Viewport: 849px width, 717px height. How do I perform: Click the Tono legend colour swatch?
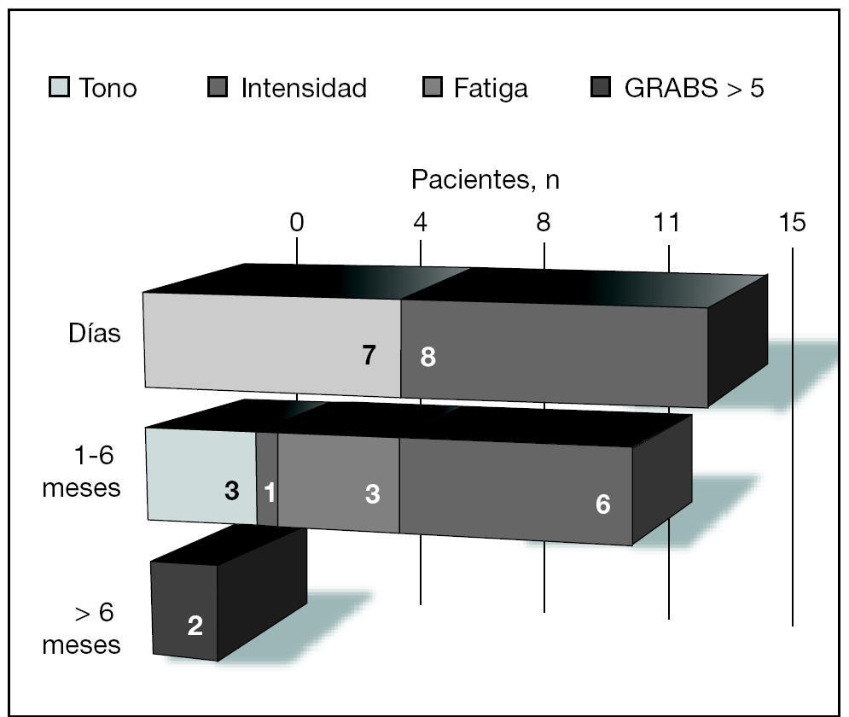59,87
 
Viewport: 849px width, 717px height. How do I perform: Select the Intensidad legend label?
304,87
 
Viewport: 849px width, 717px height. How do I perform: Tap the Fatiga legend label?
491,87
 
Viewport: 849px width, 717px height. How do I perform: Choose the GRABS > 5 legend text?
695,87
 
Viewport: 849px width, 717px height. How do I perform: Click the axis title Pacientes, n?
486,180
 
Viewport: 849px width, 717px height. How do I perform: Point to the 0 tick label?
296,222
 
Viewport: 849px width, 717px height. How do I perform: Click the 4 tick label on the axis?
420,222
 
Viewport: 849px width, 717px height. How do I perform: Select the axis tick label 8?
544,222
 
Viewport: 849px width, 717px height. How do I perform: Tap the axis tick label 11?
666,222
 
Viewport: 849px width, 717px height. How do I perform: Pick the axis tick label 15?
792,222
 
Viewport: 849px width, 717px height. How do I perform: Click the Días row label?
95,333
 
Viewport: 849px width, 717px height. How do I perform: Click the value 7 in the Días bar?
369,355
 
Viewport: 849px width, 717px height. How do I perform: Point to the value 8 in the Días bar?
427,357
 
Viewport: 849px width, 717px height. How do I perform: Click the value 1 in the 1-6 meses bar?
270,492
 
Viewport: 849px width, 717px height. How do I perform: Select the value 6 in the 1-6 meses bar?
602,504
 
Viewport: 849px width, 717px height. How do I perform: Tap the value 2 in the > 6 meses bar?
195,627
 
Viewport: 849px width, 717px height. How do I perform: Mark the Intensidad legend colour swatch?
218,87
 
